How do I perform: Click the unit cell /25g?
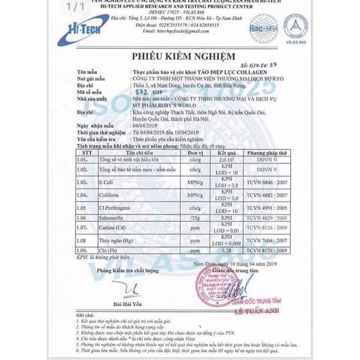(195, 217)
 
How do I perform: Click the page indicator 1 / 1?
(76, 8)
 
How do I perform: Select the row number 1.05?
(83, 207)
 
